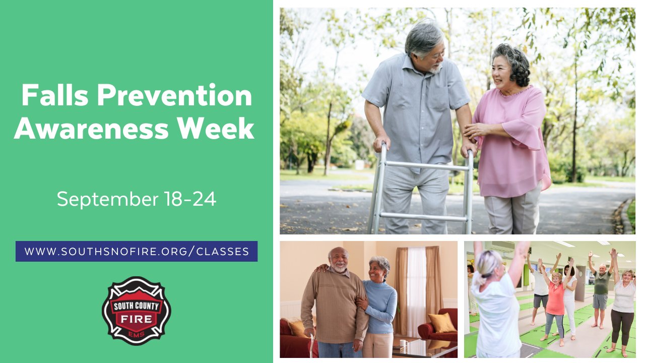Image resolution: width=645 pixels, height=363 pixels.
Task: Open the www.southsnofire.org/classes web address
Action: tap(137, 251)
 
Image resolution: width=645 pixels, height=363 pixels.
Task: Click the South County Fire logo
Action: tap(136, 311)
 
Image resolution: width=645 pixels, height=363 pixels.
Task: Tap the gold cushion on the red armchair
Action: tap(442, 323)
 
